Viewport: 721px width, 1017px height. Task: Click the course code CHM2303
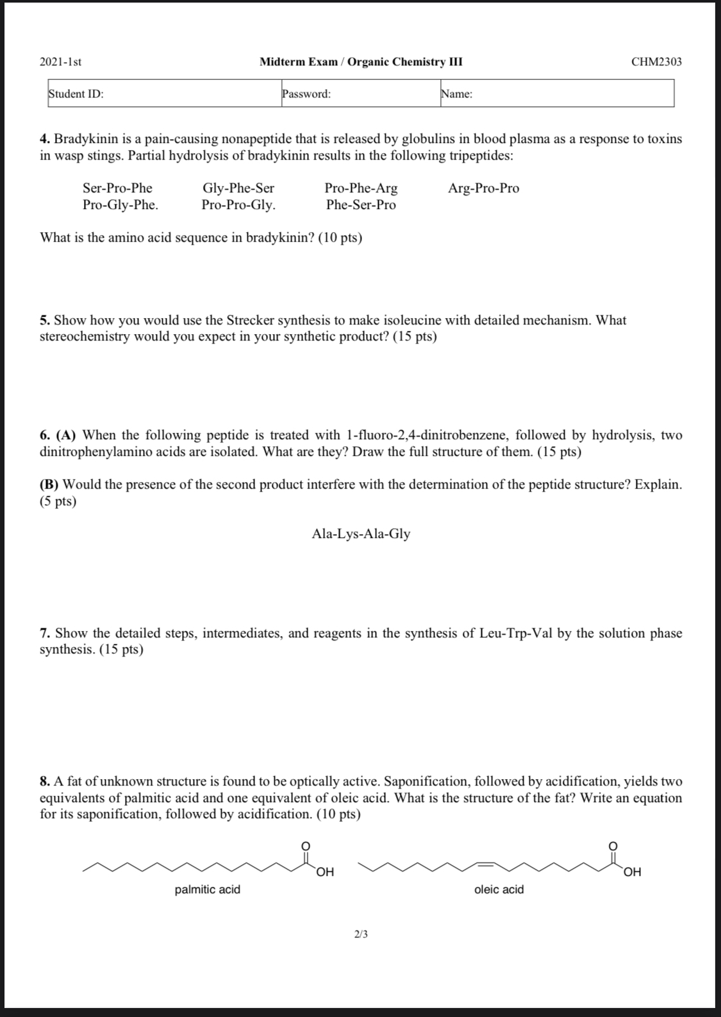coord(656,62)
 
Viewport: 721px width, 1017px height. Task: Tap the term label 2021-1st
coord(60,62)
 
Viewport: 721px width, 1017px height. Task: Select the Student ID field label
coord(76,94)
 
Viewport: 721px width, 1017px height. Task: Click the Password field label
coord(306,94)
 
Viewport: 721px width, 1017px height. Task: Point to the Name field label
coord(457,94)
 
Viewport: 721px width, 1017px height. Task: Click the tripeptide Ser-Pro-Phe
coord(117,188)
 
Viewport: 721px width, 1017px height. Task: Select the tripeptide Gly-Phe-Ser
coord(238,188)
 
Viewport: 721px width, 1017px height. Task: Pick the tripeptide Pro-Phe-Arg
coord(361,188)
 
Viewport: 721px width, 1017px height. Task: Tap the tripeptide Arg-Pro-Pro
coord(483,188)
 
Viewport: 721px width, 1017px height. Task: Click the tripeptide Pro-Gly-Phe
coord(120,205)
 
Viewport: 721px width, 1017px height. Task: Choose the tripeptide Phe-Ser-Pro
coord(361,205)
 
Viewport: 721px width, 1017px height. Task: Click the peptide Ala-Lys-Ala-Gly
coord(361,534)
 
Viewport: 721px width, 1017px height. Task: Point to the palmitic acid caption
coord(208,889)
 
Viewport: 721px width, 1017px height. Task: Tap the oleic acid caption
coord(499,889)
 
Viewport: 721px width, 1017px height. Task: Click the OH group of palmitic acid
coord(325,872)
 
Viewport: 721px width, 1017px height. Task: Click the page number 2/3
coord(361,934)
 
